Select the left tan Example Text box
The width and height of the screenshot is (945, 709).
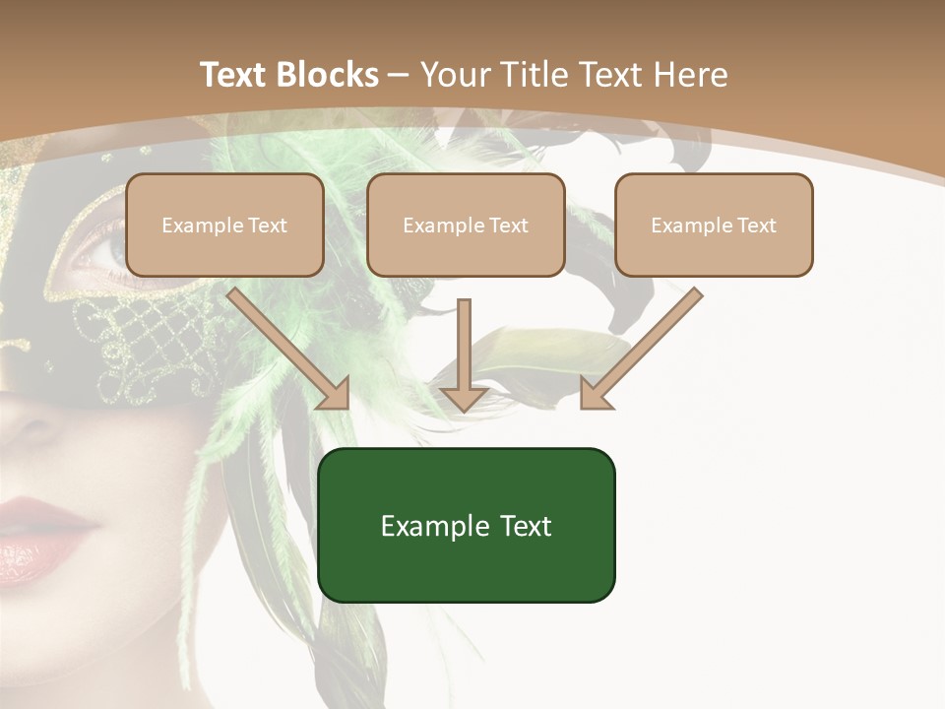tap(224, 225)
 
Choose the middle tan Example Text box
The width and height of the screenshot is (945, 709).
tap(466, 225)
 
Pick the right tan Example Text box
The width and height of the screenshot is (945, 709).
tap(714, 225)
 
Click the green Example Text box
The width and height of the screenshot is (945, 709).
tap(466, 525)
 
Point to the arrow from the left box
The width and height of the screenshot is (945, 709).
tap(291, 351)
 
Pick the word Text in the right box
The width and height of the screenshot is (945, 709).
tap(756, 226)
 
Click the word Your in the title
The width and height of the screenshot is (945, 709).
tap(457, 75)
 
